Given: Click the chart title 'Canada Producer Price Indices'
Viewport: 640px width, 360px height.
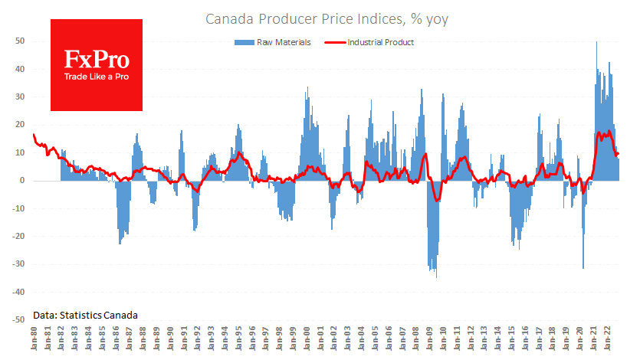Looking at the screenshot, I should [x=326, y=19].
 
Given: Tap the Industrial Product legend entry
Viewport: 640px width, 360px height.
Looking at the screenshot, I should [x=368, y=43].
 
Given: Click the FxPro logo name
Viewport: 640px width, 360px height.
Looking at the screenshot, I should [x=96, y=61].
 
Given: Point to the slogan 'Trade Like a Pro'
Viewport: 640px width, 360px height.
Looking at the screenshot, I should [x=96, y=77].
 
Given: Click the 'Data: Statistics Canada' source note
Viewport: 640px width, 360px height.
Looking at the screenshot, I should [x=85, y=315].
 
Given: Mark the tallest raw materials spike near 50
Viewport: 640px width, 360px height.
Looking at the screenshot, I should [x=597, y=43].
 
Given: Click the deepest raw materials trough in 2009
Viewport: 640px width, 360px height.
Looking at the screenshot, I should [x=436, y=276].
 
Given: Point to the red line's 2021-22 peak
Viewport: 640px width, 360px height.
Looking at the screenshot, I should [x=609, y=132].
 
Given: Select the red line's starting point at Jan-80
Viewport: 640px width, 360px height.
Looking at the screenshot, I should [x=34, y=135].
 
